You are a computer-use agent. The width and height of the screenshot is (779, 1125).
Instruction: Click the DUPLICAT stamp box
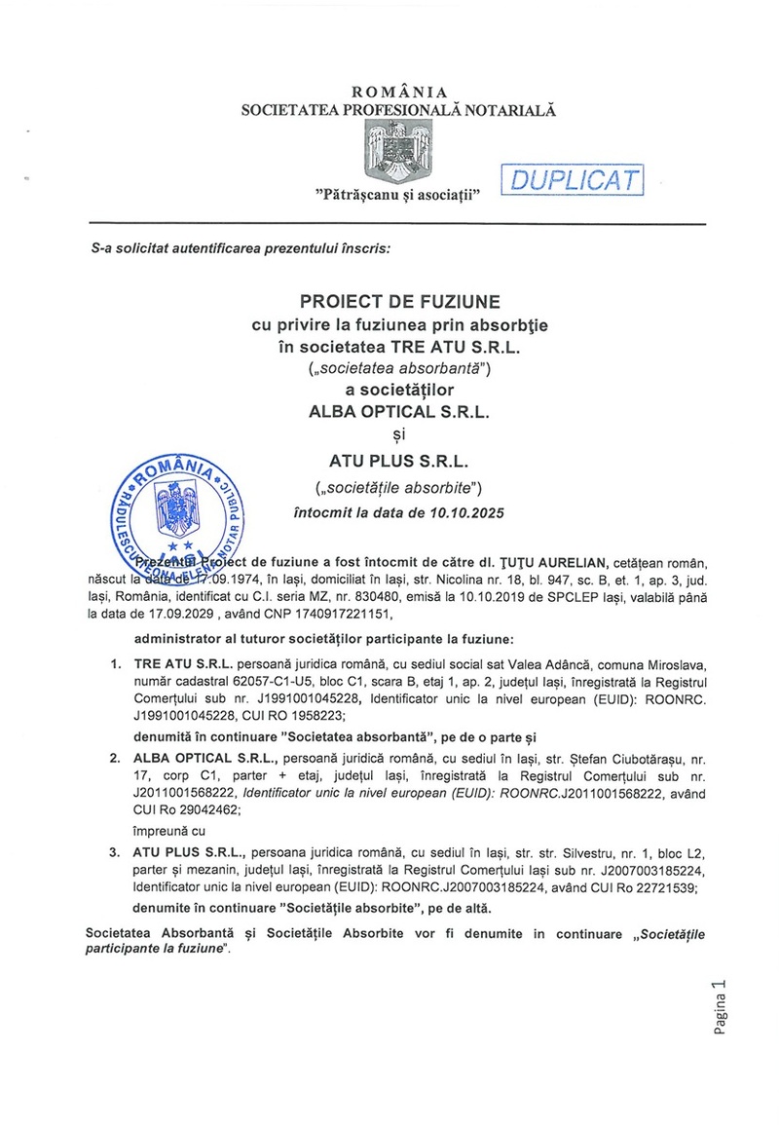click(x=572, y=180)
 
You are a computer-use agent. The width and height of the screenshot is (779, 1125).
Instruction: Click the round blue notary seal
click(x=181, y=520)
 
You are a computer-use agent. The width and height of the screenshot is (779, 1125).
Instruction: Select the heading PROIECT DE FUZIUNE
click(x=397, y=303)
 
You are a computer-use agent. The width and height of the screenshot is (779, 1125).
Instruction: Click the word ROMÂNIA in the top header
click(x=398, y=93)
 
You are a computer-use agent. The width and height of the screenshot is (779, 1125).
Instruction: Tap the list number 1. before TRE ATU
click(x=114, y=663)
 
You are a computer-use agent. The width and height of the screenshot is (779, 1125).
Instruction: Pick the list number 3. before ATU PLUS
click(x=114, y=850)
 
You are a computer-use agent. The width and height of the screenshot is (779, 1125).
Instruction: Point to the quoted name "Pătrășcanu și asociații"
click(x=399, y=196)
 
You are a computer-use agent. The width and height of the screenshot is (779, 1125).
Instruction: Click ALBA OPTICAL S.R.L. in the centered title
click(x=398, y=410)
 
